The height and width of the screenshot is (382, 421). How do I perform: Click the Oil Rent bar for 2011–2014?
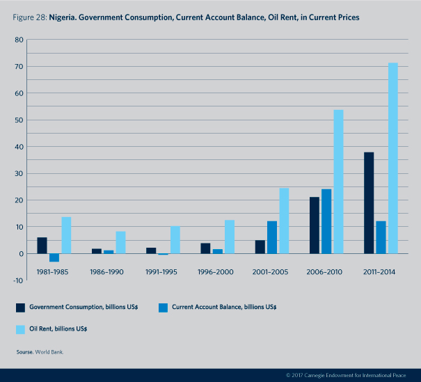click(x=393, y=158)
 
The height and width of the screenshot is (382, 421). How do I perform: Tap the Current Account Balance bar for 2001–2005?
click(x=272, y=237)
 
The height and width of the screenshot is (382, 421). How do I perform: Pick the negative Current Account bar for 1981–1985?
click(x=54, y=257)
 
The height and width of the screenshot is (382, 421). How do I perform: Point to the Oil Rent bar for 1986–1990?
click(x=120, y=242)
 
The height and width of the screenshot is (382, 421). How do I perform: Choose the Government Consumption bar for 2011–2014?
click(x=369, y=202)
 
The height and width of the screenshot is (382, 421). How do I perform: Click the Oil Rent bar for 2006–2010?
click(x=338, y=182)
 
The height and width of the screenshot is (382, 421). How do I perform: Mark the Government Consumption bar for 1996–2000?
click(x=205, y=248)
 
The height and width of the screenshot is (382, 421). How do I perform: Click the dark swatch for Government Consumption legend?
click(x=22, y=306)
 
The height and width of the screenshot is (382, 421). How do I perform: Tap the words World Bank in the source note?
click(x=51, y=353)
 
